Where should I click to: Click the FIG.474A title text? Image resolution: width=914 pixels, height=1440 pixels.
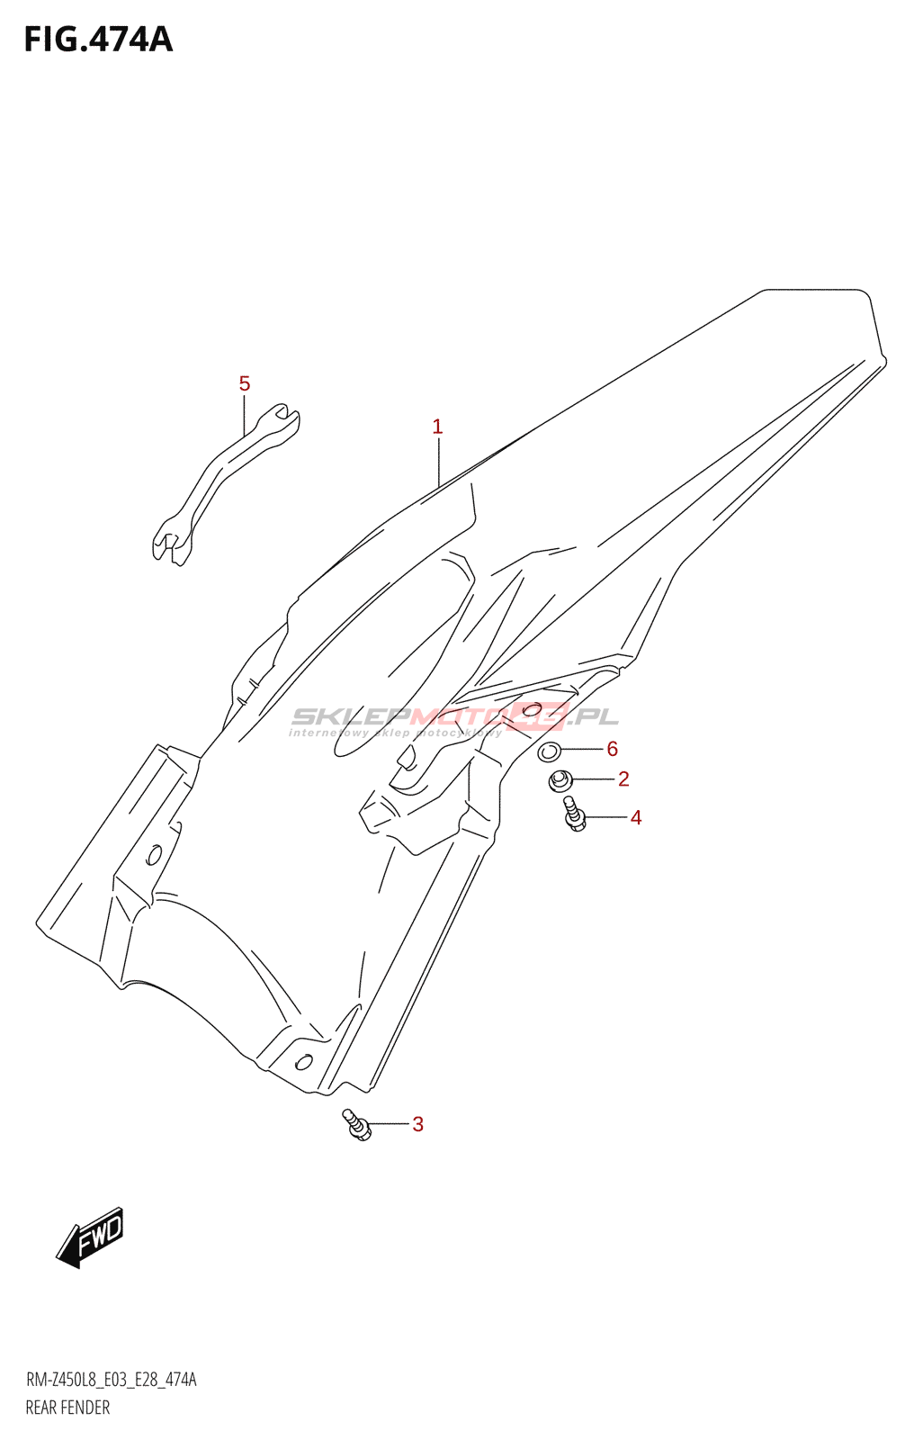(x=98, y=40)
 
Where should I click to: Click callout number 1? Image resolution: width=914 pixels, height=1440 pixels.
(x=437, y=427)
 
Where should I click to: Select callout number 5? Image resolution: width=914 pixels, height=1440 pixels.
(x=245, y=384)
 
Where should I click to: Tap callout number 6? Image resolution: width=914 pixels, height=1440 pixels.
(x=613, y=749)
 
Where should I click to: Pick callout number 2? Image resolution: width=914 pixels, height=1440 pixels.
(x=623, y=779)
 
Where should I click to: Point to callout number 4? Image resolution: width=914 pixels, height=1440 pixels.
(x=636, y=818)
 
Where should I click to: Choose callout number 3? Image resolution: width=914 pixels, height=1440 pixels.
(x=417, y=1124)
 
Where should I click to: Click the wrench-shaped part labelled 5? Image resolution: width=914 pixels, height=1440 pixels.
(x=225, y=486)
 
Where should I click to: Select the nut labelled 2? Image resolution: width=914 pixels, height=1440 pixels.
(x=560, y=780)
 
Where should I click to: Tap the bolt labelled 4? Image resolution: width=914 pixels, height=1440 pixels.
(x=573, y=814)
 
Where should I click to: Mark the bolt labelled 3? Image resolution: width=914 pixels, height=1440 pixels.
(x=356, y=1125)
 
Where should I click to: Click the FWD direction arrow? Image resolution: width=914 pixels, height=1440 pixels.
(x=91, y=1237)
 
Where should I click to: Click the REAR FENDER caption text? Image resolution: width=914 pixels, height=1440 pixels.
(x=67, y=1408)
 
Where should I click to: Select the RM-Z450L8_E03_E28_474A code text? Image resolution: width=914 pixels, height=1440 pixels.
(x=111, y=1380)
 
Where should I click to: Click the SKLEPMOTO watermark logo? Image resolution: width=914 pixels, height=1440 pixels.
(x=454, y=718)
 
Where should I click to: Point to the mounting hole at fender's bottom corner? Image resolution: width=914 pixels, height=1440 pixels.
(x=303, y=1062)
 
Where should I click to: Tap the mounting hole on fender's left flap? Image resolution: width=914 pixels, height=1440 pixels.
(x=154, y=853)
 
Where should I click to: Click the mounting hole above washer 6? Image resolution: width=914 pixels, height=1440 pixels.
(x=532, y=709)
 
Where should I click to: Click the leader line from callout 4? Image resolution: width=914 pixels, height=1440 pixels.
(x=605, y=817)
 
